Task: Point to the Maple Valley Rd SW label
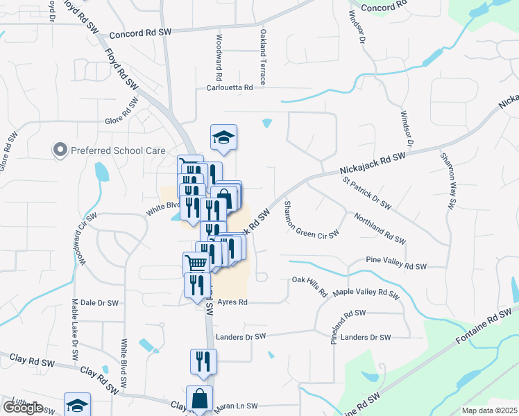point(366,294)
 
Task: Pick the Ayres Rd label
point(232,302)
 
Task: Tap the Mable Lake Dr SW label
point(74,329)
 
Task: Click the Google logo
point(23,407)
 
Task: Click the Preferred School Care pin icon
point(60,150)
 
